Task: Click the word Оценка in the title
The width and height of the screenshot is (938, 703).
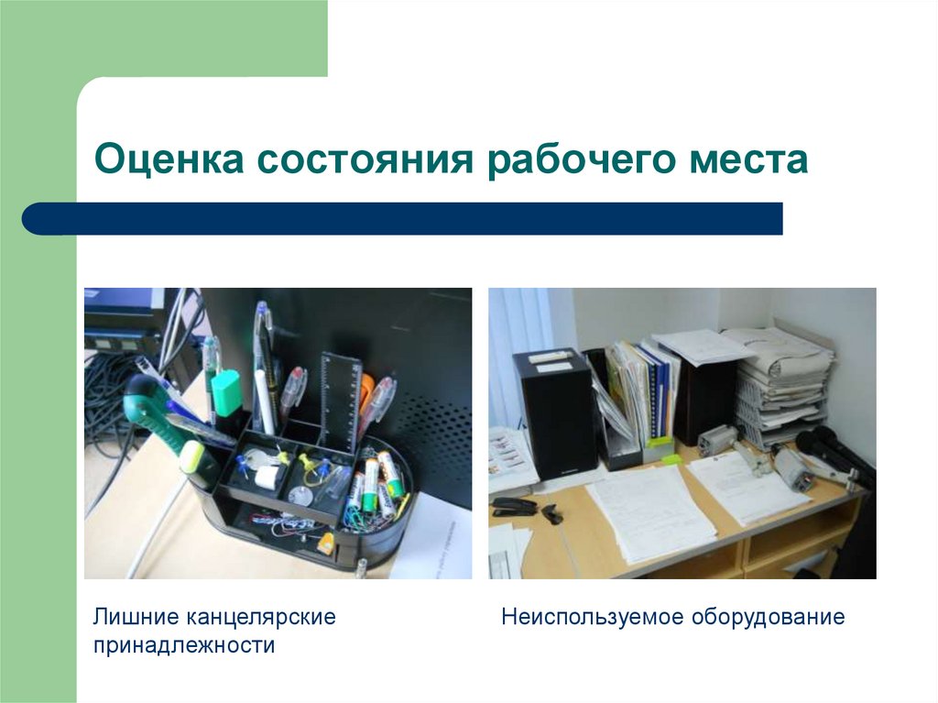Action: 169,159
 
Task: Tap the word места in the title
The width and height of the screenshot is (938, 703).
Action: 748,160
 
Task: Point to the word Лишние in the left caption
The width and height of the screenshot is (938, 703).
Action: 135,617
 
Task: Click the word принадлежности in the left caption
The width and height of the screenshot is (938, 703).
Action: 183,646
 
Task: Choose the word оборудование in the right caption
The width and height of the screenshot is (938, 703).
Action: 769,618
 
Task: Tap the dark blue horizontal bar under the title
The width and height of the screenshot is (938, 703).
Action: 402,218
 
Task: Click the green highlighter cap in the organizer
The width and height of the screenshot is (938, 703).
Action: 225,392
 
